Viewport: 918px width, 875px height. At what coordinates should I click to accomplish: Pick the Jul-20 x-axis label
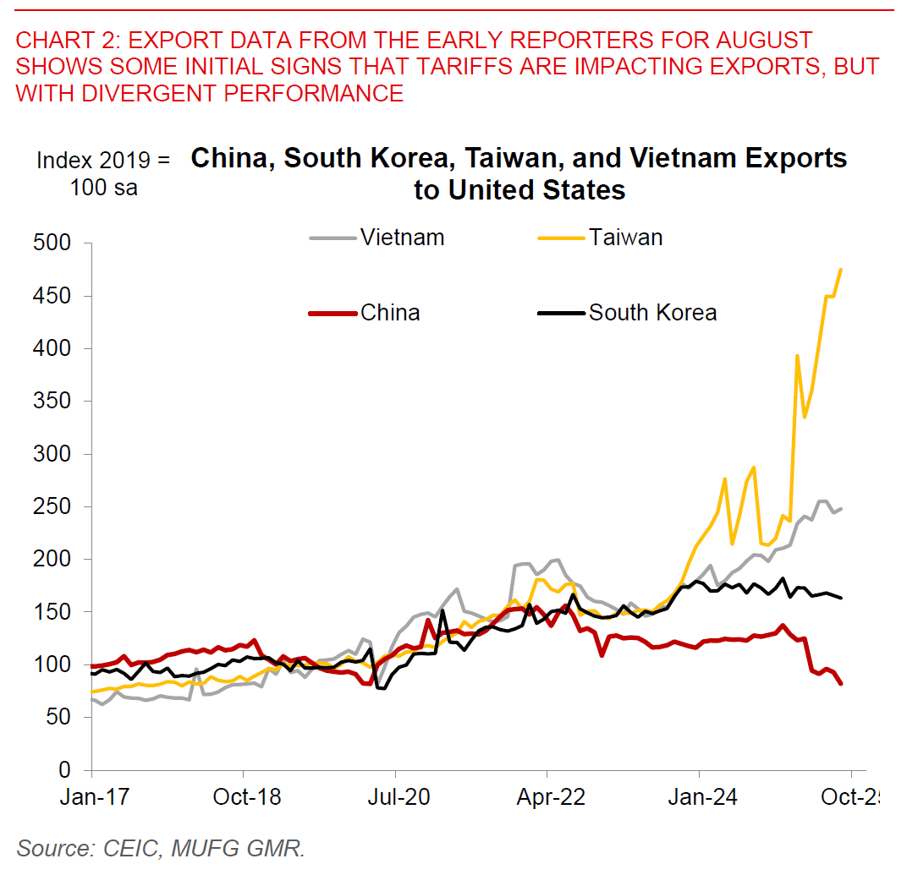point(395,798)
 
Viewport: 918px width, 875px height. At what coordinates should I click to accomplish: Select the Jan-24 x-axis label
point(699,798)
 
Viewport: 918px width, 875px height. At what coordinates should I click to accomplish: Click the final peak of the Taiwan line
point(841,269)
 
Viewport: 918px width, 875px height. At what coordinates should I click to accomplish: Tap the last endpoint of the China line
point(841,684)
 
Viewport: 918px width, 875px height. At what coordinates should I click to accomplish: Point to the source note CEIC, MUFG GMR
point(160,848)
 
